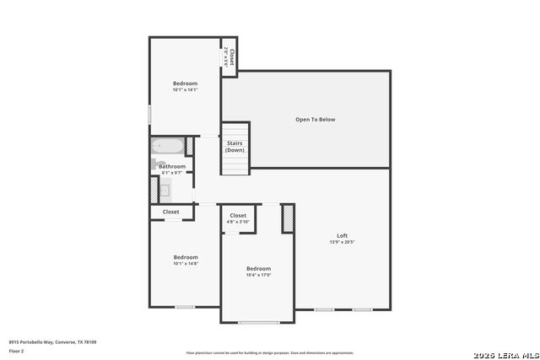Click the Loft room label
342,235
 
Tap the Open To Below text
315,120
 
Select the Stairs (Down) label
235,147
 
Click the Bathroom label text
173,166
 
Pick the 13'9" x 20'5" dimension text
342,242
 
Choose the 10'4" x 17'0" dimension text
258,275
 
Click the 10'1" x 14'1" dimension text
185,89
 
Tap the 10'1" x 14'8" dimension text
186,264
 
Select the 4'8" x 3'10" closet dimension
238,222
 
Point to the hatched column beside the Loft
288,218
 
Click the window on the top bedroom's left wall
150,113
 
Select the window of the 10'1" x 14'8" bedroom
185,307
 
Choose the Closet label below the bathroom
170,212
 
